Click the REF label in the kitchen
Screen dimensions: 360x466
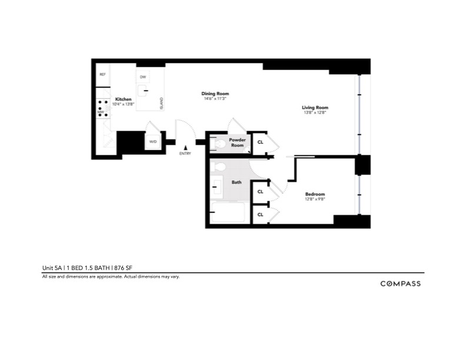point(102,75)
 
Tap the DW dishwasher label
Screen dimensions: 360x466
point(143,77)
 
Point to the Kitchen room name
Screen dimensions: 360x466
point(124,99)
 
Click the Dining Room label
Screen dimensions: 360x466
point(215,94)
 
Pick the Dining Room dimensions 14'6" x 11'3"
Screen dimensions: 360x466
point(215,98)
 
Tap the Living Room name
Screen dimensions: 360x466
point(315,108)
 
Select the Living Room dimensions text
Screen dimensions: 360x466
point(315,112)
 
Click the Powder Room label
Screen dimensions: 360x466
point(237,142)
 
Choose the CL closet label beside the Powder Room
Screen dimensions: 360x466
point(260,142)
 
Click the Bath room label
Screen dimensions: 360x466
point(237,182)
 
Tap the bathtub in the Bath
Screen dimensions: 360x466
point(227,212)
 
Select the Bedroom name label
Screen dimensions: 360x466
point(315,194)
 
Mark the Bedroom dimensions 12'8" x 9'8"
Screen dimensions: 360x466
point(315,199)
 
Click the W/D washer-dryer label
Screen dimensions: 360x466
point(153,142)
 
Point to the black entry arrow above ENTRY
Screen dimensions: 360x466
point(185,148)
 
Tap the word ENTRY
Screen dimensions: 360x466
point(185,154)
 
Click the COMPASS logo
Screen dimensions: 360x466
point(400,284)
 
